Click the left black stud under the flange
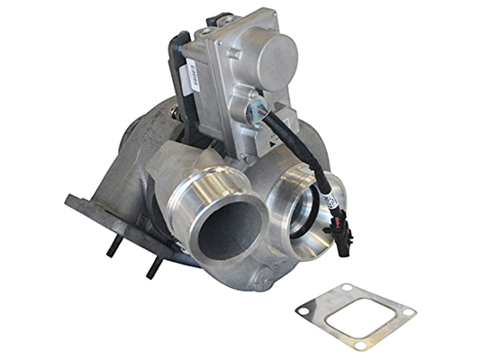(x=113, y=243)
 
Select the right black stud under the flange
(x=153, y=262)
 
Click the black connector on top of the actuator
(x=221, y=20)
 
